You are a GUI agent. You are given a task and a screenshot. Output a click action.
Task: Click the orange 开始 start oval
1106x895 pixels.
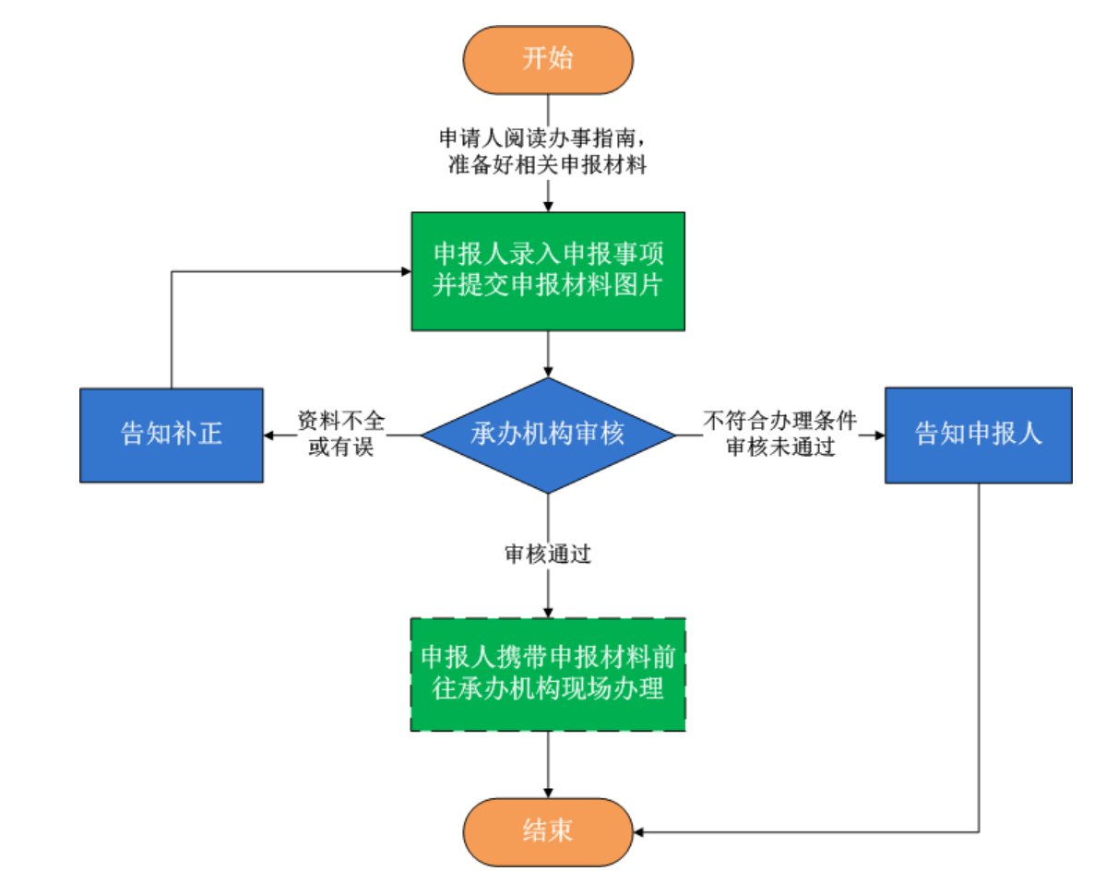(548, 59)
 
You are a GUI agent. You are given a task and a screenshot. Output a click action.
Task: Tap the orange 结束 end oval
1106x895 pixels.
(548, 831)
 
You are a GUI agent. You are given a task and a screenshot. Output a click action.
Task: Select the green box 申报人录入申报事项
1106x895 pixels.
(548, 270)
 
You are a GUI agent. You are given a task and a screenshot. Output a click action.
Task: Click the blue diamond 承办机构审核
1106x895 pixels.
(548, 434)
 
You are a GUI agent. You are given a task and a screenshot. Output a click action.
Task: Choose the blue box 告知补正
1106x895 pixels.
(171, 435)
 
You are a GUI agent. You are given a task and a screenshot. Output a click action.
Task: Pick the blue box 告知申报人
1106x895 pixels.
(978, 435)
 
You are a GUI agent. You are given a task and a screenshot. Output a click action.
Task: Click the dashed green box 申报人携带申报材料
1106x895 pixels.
(548, 674)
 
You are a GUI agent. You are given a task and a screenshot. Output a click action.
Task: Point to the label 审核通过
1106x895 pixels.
(548, 555)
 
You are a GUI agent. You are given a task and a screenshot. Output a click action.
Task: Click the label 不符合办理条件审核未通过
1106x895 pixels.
(780, 434)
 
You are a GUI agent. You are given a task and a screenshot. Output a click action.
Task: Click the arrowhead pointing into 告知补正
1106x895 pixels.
(269, 435)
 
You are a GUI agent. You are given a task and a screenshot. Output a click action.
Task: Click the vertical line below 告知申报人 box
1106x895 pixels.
(978, 646)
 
